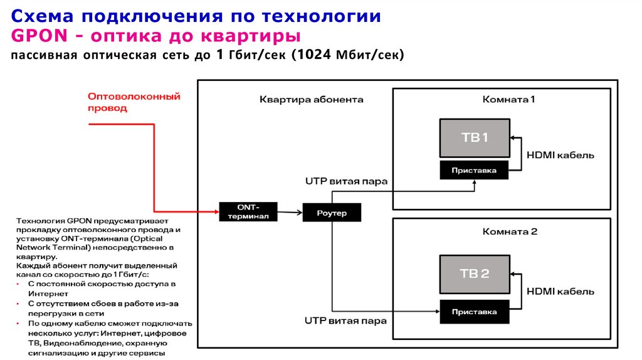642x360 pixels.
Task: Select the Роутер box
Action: pos(332,213)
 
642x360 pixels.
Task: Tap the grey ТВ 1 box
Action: pos(475,138)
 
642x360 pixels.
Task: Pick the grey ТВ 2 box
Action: pos(475,273)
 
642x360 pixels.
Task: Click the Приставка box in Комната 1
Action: pos(475,170)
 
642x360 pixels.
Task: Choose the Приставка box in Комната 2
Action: pos(475,311)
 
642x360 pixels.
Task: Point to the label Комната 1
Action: pos(508,100)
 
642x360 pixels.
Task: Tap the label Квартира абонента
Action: pos(311,100)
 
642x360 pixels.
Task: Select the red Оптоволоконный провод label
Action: pos(134,102)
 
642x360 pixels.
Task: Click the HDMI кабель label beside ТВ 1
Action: pos(560,155)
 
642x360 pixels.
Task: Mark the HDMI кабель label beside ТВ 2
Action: pos(560,291)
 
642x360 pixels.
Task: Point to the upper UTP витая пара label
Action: pos(345,181)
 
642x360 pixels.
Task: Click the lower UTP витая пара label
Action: pos(345,320)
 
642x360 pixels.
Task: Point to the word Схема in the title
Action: pos(40,15)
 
